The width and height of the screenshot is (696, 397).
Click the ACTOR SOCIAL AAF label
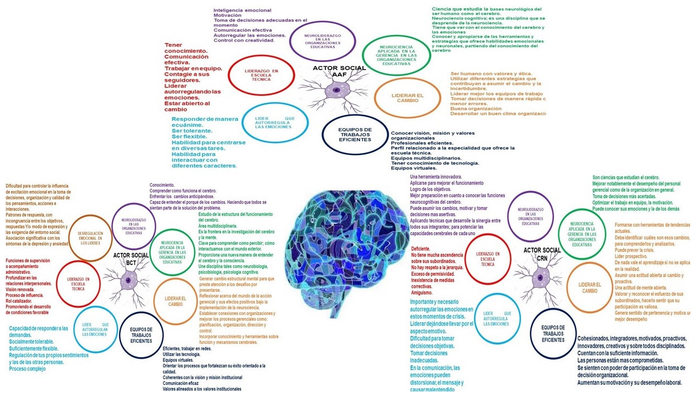click(x=339, y=71)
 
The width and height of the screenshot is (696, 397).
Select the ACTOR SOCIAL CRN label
click(x=542, y=253)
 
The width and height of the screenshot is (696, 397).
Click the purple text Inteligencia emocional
click(x=242, y=10)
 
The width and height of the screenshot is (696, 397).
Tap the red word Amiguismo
click(x=422, y=292)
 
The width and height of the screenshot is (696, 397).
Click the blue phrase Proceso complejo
click(x=27, y=369)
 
